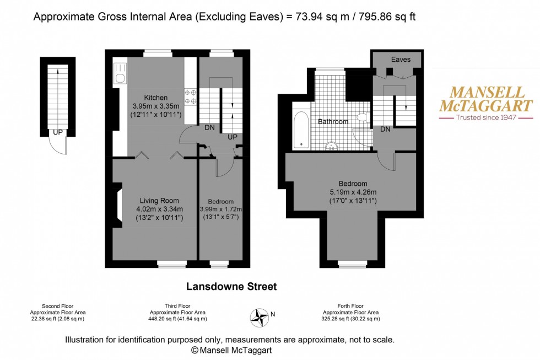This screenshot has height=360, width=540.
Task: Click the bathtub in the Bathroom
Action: click(301, 130)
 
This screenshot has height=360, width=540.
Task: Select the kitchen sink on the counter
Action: click(120, 74)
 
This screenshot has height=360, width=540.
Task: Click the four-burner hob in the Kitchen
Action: click(190, 97)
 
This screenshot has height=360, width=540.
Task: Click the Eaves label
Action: click(401, 60)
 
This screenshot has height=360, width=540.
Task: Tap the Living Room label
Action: click(159, 200)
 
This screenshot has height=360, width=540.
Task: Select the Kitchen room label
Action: click(156, 97)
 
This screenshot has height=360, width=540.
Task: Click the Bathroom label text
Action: click(333, 121)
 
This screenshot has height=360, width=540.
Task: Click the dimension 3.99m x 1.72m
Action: click(220, 209)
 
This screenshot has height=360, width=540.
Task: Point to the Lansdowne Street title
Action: click(231, 287)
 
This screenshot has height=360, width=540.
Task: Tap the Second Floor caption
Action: click(58, 306)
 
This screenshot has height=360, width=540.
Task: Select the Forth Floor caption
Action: click(350, 306)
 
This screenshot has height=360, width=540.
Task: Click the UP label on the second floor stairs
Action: click(57, 132)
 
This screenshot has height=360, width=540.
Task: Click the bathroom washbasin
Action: click(332, 146)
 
